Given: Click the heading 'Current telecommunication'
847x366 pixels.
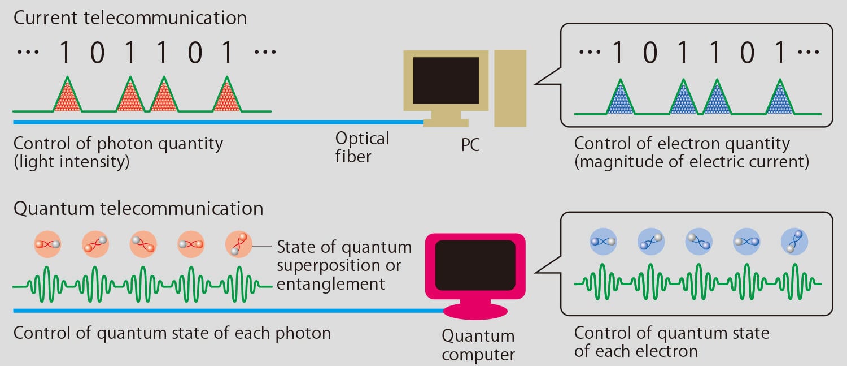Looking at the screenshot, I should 130,18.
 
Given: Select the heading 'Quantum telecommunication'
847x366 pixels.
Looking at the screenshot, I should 138,209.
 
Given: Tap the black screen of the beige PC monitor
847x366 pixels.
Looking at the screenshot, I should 446,80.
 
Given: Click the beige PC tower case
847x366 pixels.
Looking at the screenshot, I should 510,88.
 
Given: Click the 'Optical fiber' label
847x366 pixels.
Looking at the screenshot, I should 362,147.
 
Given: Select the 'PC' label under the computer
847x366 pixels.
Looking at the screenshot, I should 470,145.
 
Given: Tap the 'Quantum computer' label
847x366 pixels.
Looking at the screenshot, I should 478,345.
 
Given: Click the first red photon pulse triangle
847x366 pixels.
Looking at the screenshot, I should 68,97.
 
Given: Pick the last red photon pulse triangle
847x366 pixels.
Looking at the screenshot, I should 227,97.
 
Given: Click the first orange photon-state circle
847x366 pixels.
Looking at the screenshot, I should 47,244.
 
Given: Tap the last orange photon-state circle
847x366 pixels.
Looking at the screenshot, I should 238,244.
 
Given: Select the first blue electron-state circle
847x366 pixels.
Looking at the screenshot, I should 603,242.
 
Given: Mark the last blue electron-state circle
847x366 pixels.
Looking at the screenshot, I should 794,242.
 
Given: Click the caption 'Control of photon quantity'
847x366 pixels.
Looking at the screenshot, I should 118,144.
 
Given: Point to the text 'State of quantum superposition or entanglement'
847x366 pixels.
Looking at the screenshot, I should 344,265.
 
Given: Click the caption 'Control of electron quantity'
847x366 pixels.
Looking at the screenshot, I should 682,144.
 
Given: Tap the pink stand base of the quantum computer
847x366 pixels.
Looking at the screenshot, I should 475,311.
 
